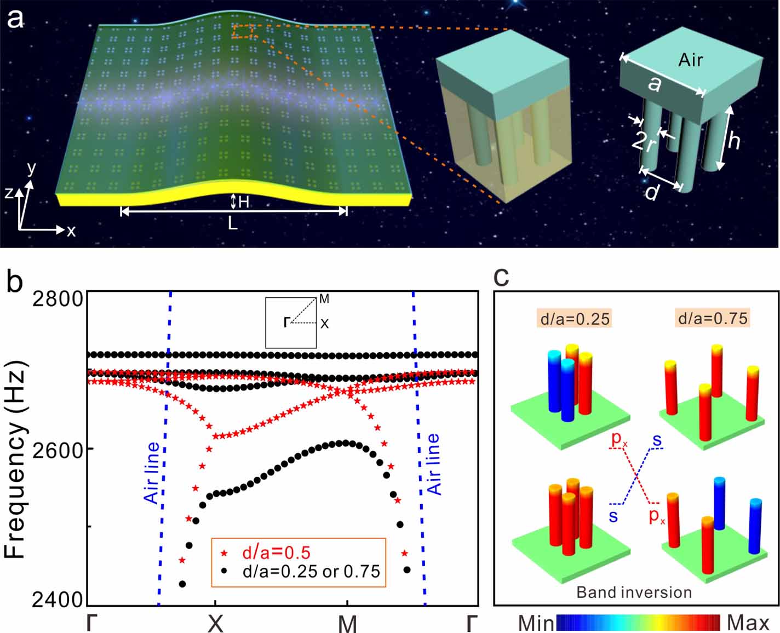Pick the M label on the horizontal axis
(347, 623)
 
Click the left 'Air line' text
(151, 473)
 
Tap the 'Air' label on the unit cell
(690, 60)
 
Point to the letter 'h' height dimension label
(733, 140)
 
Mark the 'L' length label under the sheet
(233, 223)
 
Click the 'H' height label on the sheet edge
(243, 202)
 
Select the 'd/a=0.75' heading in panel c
(712, 318)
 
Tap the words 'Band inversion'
(634, 592)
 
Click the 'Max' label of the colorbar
(748, 623)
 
